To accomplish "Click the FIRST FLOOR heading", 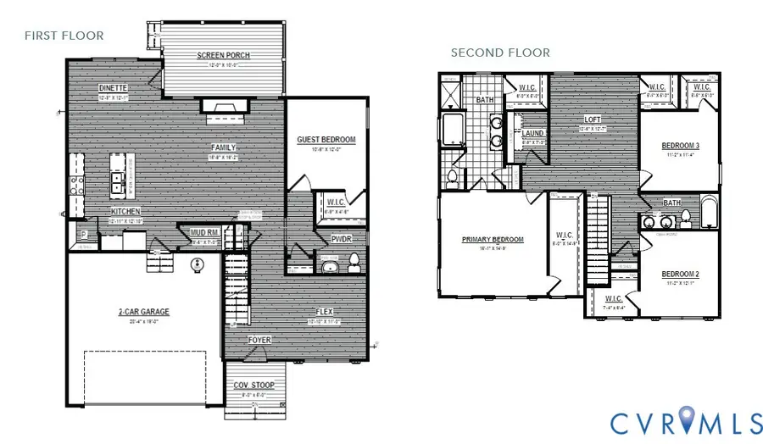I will [x=64, y=36].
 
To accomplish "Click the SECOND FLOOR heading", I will [x=499, y=53].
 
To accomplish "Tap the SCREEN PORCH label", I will [x=224, y=56].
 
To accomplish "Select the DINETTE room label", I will [x=113, y=88].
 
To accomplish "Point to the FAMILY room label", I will [x=224, y=147].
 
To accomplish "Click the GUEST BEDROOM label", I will [x=326, y=140].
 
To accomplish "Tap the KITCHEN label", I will [x=125, y=211].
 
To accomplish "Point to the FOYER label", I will [x=259, y=340].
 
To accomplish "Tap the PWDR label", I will [x=342, y=239].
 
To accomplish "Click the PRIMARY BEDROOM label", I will [x=493, y=240].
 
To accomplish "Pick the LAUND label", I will [x=533, y=134].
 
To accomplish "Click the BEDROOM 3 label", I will [x=680, y=145].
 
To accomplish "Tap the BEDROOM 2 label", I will [x=680, y=275].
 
